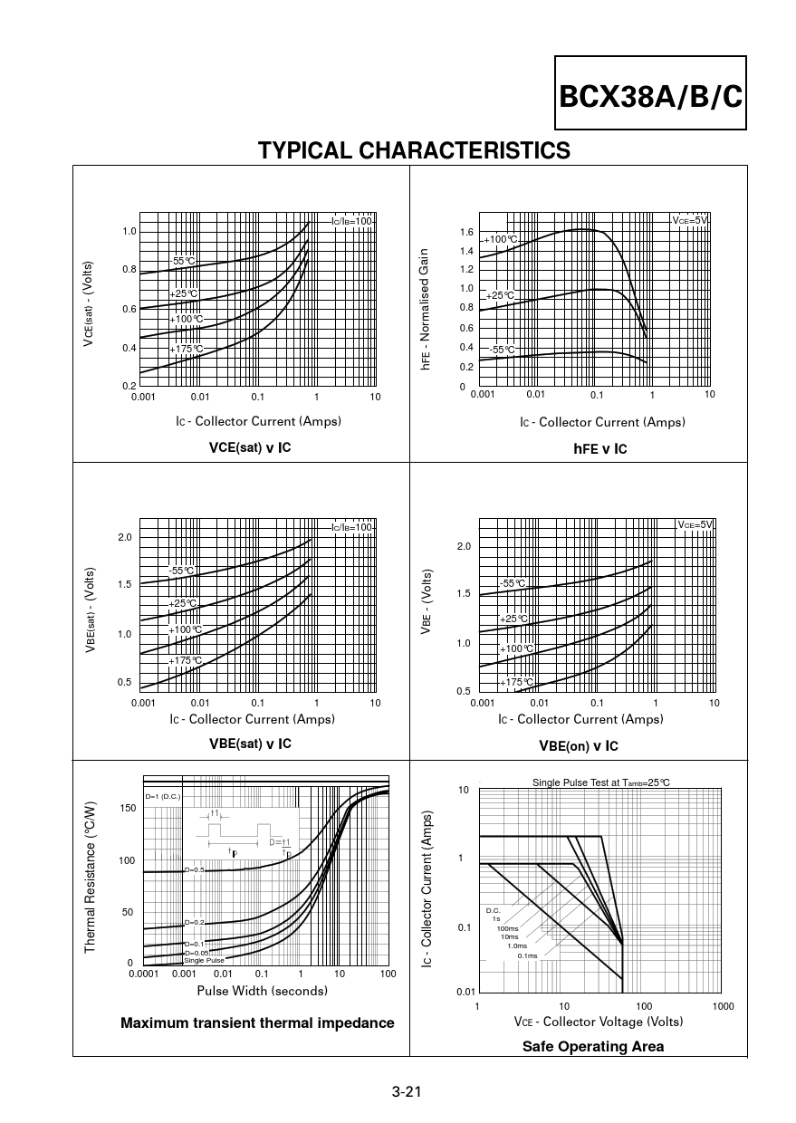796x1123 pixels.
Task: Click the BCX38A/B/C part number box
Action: tap(651, 95)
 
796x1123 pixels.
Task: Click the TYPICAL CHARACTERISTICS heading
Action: tap(414, 150)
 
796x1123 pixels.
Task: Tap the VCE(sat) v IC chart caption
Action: tap(250, 447)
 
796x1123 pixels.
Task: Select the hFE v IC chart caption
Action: tap(599, 448)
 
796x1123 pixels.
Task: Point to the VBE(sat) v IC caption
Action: tap(250, 744)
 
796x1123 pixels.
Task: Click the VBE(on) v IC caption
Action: tap(578, 745)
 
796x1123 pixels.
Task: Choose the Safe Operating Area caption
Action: tap(592, 1046)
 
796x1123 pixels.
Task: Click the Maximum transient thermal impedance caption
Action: tap(257, 1022)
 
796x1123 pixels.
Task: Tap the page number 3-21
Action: tap(407, 1091)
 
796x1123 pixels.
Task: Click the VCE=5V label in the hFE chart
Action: tap(689, 220)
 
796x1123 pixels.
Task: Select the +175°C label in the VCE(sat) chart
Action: tap(186, 349)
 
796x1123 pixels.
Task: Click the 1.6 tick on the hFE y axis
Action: tap(466, 233)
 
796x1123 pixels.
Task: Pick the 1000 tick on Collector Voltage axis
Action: tap(723, 1006)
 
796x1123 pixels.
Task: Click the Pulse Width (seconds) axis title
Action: tap(262, 991)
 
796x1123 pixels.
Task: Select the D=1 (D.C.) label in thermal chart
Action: tap(163, 796)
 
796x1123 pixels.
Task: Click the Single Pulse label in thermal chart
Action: tap(204, 960)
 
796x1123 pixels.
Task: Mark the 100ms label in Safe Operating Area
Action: tap(507, 928)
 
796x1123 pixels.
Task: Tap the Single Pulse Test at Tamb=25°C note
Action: tap(600, 782)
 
